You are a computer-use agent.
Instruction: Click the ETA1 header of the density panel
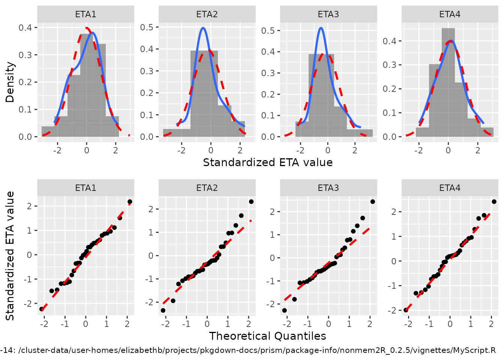tap(85, 14)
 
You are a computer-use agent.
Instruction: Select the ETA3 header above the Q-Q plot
tap(328, 188)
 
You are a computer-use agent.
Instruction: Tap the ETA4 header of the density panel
tap(450, 14)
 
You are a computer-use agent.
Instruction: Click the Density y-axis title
tap(10, 82)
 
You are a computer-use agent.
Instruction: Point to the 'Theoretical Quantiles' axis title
tap(267, 336)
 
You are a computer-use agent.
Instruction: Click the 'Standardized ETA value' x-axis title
tap(267, 162)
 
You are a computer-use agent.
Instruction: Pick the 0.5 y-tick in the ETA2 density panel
tap(147, 27)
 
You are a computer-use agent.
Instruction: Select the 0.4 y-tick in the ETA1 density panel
tap(25, 27)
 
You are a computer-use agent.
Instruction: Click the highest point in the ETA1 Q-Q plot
tap(130, 202)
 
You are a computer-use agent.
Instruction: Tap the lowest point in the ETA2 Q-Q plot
tap(163, 310)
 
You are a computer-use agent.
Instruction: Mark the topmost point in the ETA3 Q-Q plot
tap(372, 202)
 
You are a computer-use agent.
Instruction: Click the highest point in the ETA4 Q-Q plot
tap(494, 202)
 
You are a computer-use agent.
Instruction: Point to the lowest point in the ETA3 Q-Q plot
tap(285, 310)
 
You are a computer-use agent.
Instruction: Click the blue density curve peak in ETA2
tap(203, 28)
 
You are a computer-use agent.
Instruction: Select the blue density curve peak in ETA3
tap(321, 28)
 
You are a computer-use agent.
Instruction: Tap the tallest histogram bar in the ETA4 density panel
tap(448, 82)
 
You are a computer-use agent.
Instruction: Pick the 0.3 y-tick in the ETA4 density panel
tap(389, 65)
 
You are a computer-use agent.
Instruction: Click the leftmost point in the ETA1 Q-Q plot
tap(42, 309)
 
